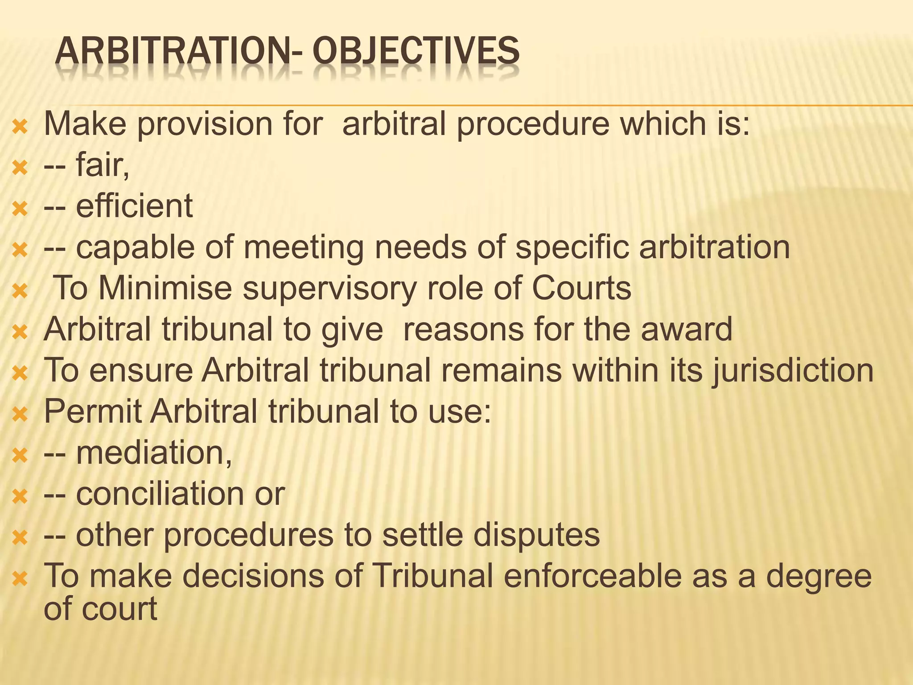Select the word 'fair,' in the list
click(x=103, y=165)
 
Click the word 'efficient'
click(x=134, y=206)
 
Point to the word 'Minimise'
click(x=165, y=288)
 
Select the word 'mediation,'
click(x=154, y=453)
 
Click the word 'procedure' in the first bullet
click(x=533, y=125)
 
